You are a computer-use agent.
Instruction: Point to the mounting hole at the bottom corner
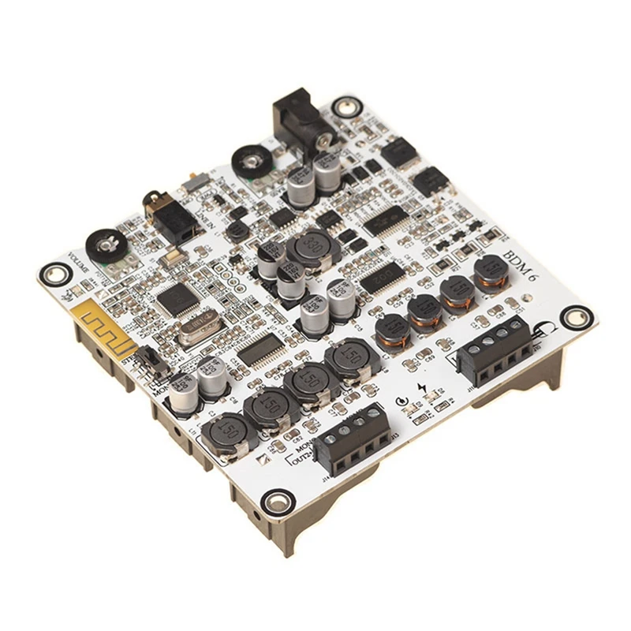(x=274, y=501)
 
